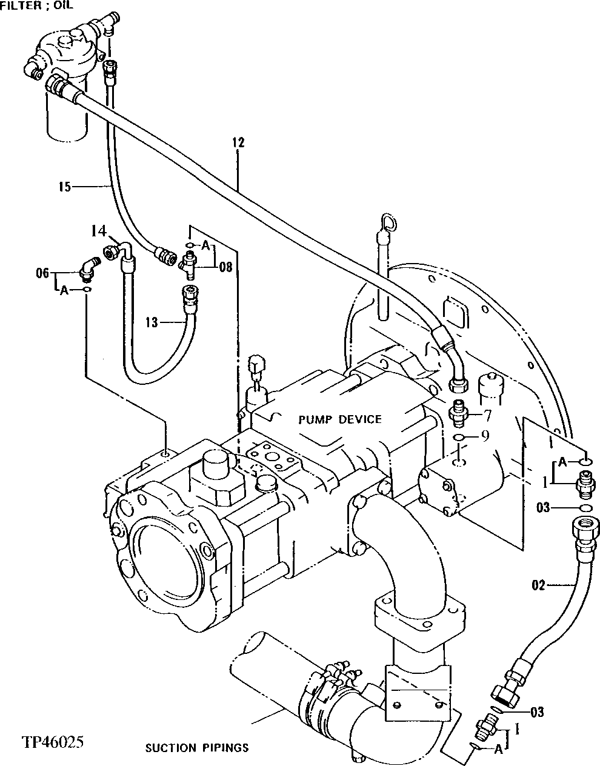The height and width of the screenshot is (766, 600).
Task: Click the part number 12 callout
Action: tap(238, 143)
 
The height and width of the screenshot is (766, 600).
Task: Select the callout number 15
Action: tap(64, 187)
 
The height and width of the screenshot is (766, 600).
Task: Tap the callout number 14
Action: tap(98, 231)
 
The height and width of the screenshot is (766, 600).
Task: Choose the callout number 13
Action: tap(151, 322)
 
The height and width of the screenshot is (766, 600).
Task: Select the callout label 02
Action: tap(539, 585)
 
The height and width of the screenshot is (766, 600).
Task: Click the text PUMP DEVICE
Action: tap(340, 419)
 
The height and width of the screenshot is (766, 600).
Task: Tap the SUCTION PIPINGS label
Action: tap(197, 748)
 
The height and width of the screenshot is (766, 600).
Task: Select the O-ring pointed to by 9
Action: tap(460, 438)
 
